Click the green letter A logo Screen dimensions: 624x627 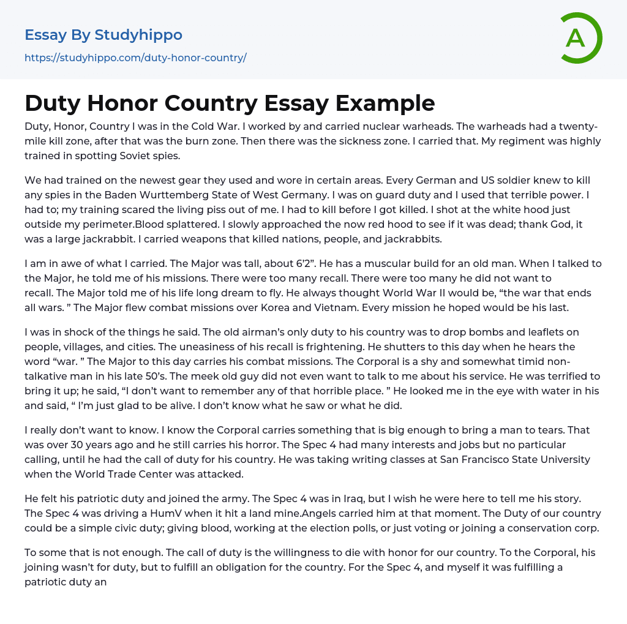tap(580, 38)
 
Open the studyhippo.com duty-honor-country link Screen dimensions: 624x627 tap(135, 58)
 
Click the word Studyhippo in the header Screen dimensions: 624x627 tap(138, 35)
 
